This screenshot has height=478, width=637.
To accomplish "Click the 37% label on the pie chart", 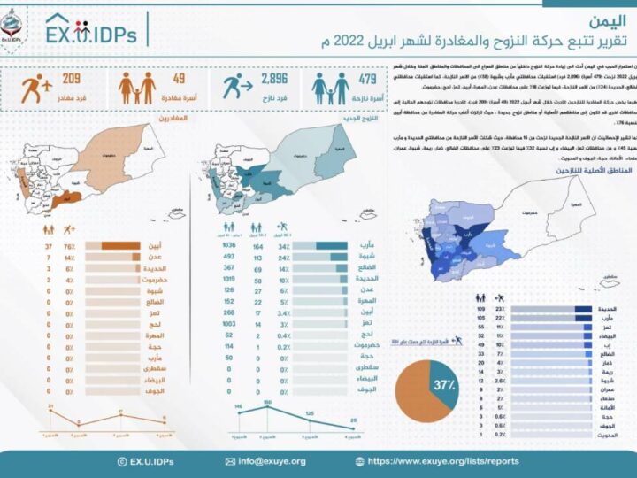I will click(x=445, y=387).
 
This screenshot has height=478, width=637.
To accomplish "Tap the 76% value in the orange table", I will click(x=68, y=247).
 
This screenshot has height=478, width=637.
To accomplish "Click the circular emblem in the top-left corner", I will click(x=12, y=24).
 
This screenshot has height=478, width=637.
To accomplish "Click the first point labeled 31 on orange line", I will click(x=27, y=412).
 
